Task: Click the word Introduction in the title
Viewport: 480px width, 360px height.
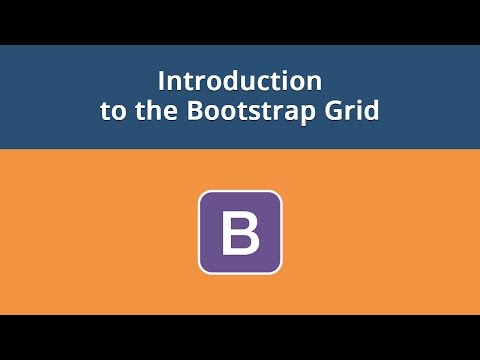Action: coord(240,80)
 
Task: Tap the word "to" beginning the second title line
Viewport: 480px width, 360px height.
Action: coord(111,110)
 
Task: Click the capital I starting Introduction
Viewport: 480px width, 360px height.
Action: coord(163,80)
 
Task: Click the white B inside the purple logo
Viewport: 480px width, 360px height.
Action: coord(240,232)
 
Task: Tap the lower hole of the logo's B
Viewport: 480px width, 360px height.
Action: coord(241,243)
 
